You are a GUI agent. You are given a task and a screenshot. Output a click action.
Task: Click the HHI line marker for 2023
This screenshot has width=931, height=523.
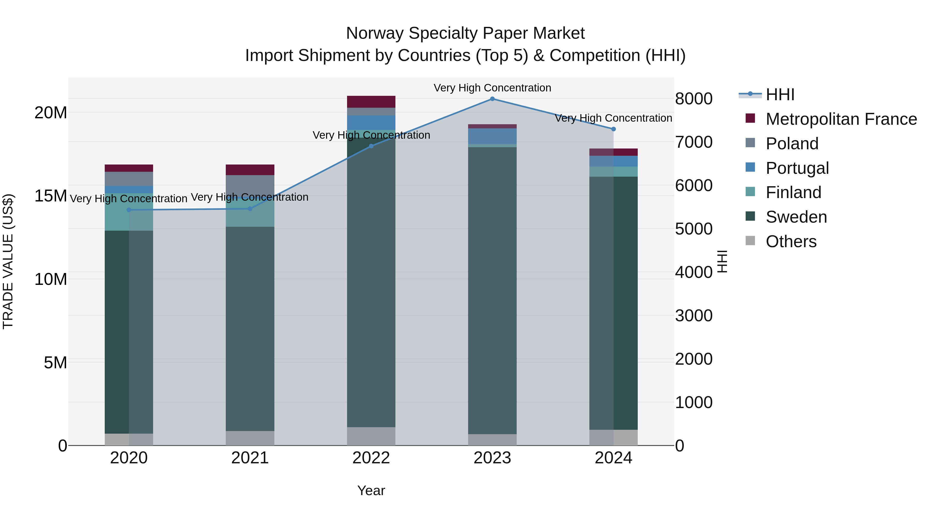(x=492, y=99)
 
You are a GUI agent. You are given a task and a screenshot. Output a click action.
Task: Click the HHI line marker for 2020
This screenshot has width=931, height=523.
(x=129, y=210)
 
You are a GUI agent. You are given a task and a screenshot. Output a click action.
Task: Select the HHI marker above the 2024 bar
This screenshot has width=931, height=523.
(x=613, y=129)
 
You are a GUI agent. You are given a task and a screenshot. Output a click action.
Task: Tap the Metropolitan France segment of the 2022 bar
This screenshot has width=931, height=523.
(x=371, y=102)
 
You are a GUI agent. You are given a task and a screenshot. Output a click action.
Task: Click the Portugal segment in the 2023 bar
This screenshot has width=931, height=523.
(x=492, y=136)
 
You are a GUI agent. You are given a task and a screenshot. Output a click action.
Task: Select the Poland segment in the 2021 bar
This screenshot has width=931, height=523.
(x=250, y=186)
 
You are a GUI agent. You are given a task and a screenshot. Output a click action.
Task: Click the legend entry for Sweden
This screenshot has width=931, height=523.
(x=796, y=217)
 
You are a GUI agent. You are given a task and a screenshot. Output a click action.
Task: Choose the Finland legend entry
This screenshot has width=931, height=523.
(x=793, y=192)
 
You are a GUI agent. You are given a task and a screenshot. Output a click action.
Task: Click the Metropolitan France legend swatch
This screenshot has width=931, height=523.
(x=750, y=118)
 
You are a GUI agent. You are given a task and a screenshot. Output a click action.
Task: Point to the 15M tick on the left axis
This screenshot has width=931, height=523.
(x=51, y=196)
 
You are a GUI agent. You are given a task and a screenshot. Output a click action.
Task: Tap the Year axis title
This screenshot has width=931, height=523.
(x=371, y=490)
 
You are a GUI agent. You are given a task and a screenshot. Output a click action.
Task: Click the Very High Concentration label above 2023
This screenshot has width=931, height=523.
(x=492, y=88)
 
